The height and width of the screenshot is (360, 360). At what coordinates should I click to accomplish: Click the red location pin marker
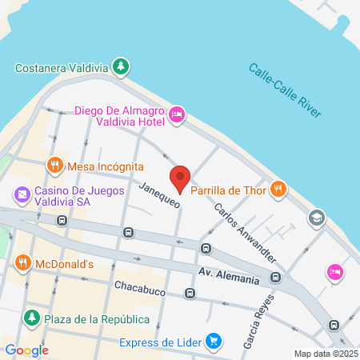pos(180,178)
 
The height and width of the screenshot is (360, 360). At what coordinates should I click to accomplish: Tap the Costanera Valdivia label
pos(62,67)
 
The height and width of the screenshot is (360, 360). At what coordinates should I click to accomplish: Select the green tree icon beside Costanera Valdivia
pos(120,66)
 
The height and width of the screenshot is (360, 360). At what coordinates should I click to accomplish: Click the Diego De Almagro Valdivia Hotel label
pos(120,116)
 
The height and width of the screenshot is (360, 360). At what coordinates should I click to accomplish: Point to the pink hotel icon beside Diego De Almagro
pos(178,117)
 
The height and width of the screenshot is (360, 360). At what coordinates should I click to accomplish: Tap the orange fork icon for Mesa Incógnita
pos(54,166)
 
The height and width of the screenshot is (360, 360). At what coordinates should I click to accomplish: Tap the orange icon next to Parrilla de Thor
pos(278,189)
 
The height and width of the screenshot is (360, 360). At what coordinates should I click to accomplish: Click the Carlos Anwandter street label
pos(245,233)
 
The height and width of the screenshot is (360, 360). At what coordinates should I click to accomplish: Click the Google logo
pos(26,350)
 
